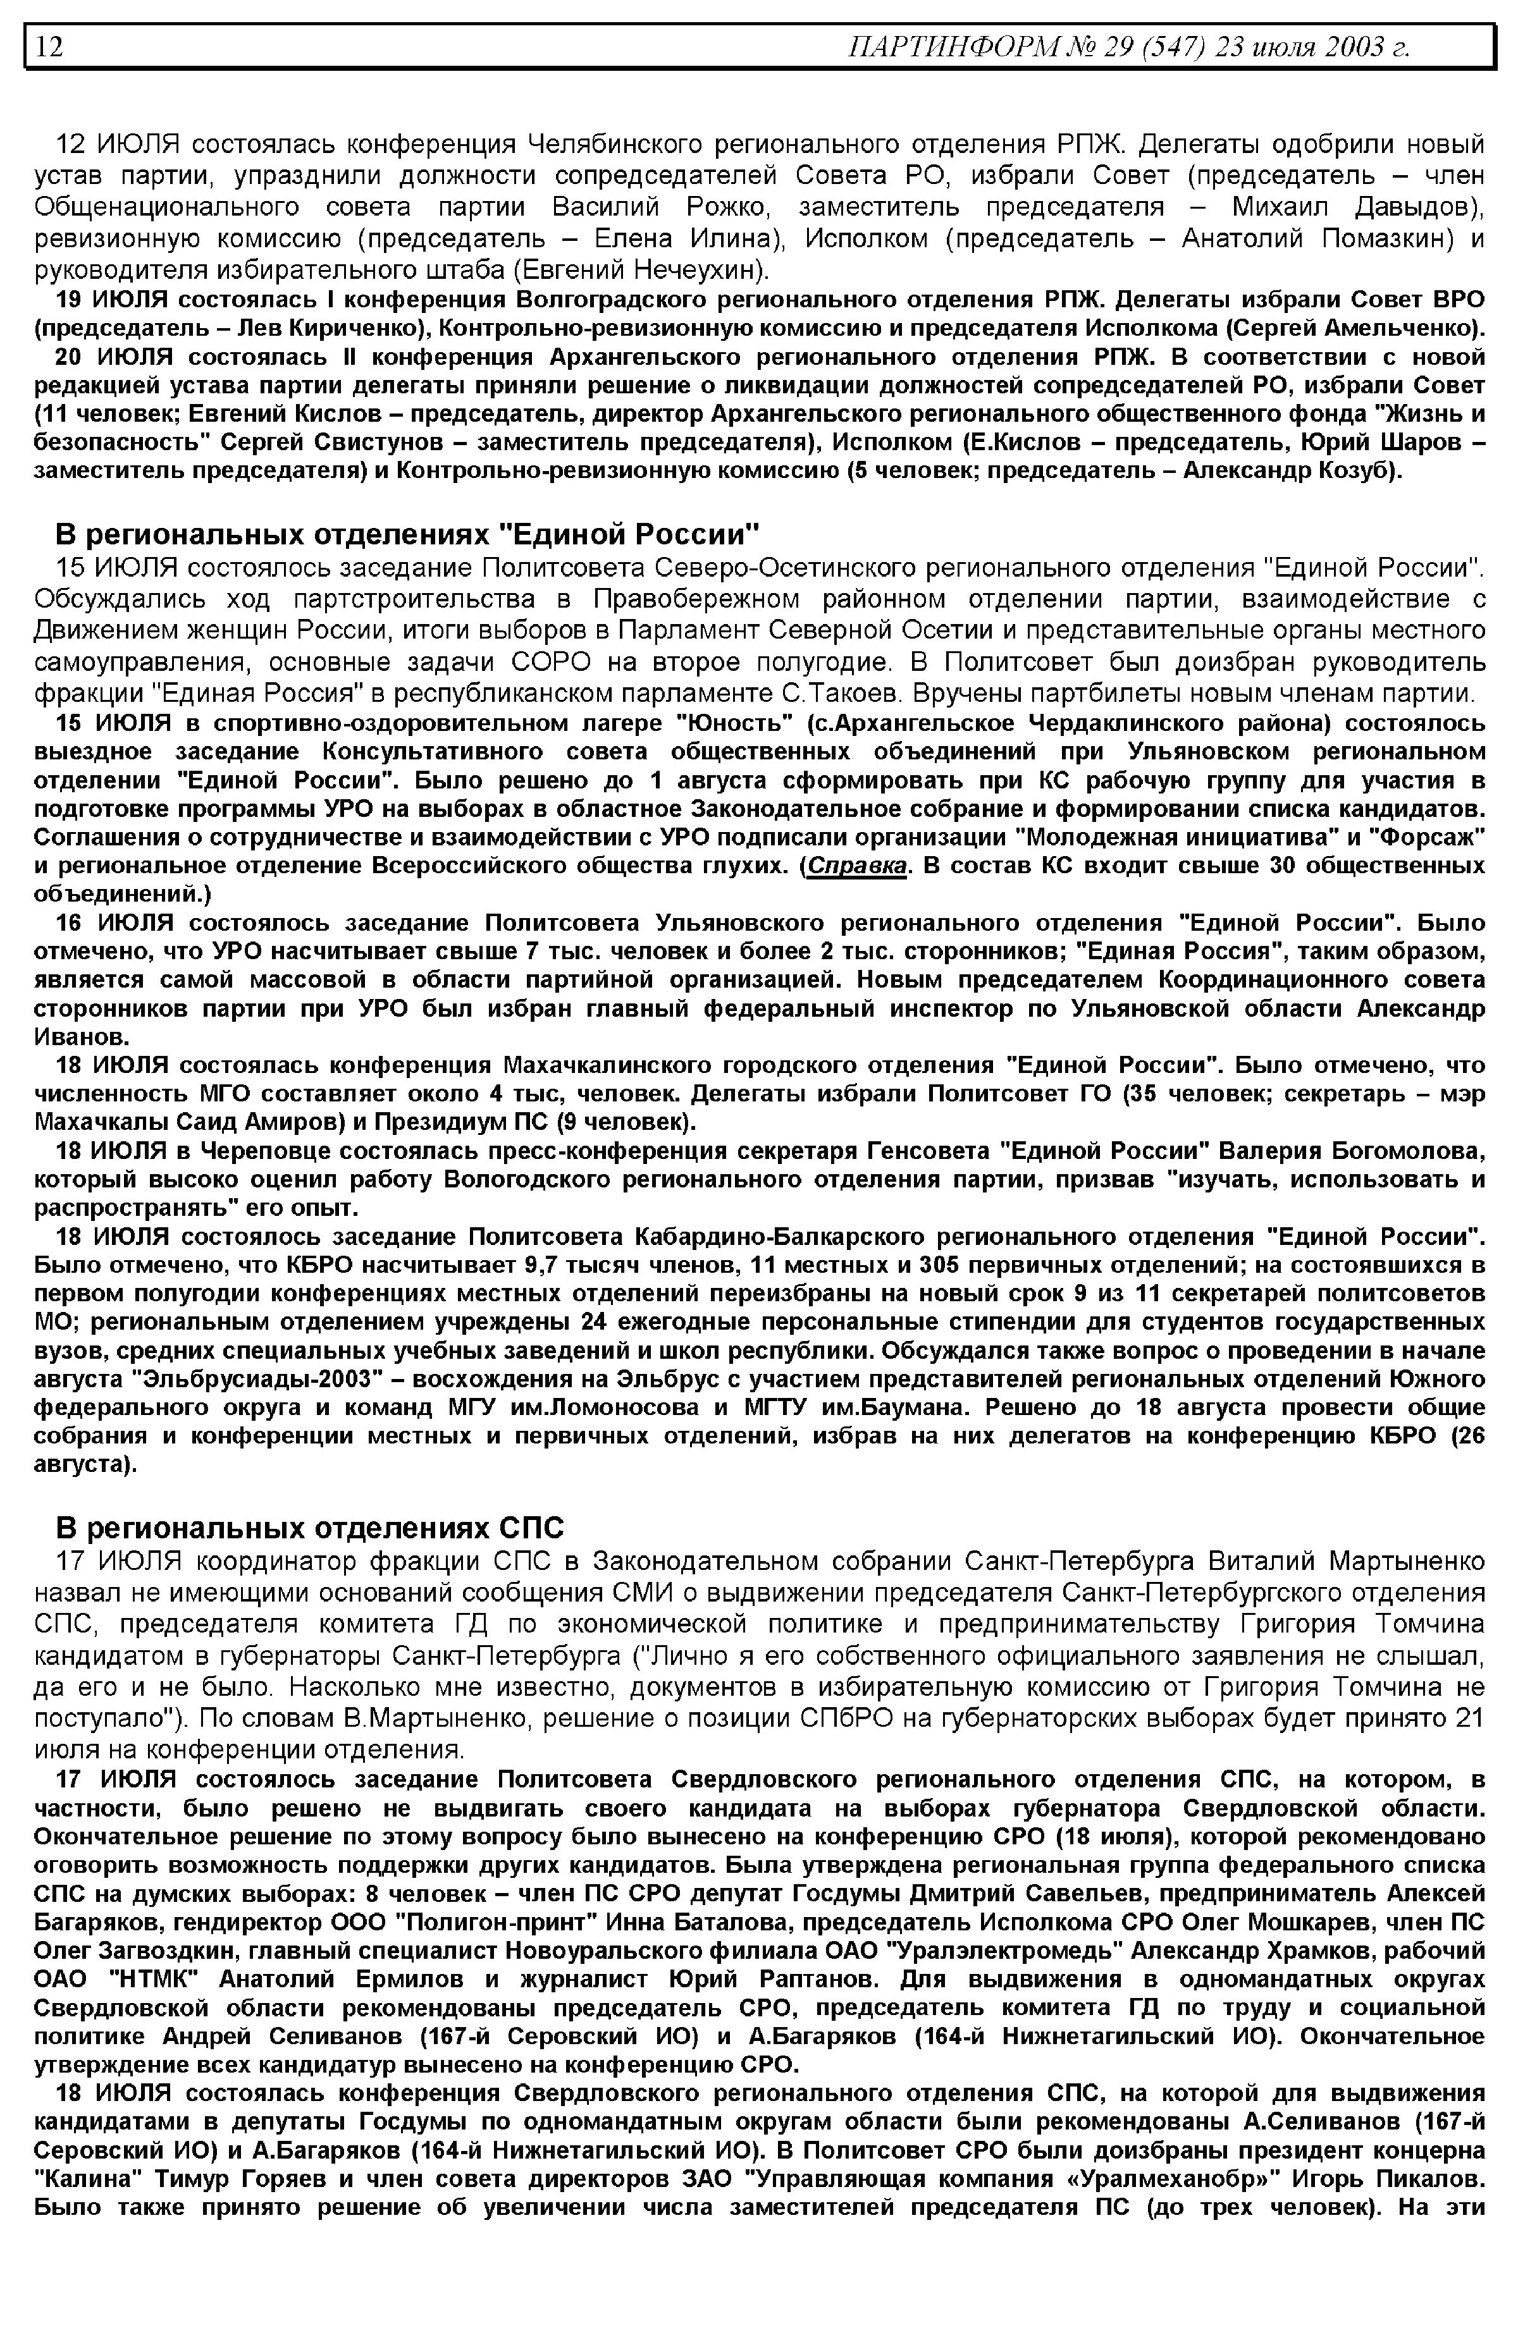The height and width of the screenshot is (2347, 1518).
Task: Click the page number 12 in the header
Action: coord(49,46)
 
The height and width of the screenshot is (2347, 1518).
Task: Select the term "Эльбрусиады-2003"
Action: coord(263,1378)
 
